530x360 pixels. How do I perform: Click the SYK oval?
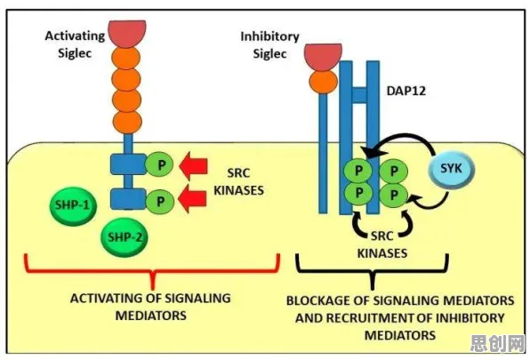coord(451,169)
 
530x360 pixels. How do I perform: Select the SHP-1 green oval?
coord(73,205)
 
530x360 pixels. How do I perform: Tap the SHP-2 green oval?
coord(125,236)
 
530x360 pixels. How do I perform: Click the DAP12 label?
coord(406,91)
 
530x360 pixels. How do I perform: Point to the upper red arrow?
coord(193,165)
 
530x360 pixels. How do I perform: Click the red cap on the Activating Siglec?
coord(127,35)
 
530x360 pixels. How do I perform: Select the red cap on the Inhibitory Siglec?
coord(323,58)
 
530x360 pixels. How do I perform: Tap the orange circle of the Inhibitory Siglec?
coord(324,82)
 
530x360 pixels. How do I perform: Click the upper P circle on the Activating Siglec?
coord(159,164)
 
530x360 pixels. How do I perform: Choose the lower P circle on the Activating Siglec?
coord(159,201)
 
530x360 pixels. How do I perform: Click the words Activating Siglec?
coord(75,44)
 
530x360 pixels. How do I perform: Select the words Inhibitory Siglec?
coord(269,45)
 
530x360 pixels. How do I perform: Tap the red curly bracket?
coord(153,273)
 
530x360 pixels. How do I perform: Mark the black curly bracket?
coord(372,272)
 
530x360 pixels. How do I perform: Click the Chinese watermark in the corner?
coord(498,343)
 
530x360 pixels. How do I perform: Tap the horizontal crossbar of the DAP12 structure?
coord(359,95)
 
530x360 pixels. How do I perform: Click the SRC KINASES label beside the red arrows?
coord(238,181)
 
